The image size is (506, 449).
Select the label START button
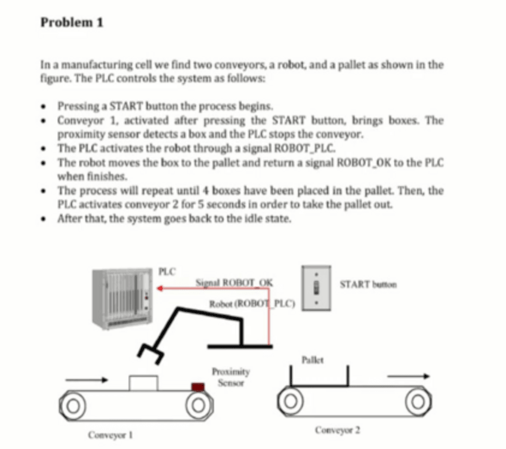[x=368, y=284]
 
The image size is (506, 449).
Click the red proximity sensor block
[x=198, y=386]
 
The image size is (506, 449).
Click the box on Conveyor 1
[x=143, y=382]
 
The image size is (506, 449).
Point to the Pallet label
[x=313, y=359]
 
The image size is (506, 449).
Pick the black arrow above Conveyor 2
[x=408, y=376]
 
